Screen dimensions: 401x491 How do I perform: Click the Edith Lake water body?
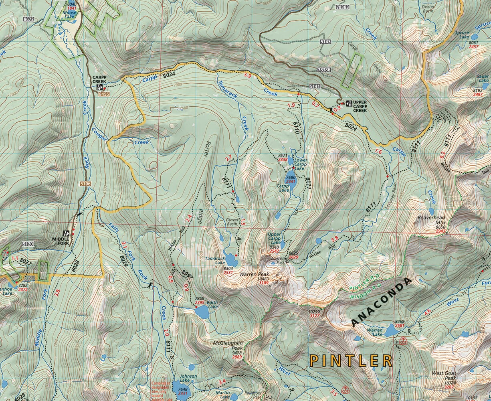(x=201, y=311)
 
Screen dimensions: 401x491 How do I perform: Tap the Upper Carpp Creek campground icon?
(x=349, y=103)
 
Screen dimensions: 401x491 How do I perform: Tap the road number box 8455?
(x=103, y=94)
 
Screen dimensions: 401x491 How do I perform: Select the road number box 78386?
(x=323, y=70)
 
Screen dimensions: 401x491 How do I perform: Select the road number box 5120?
(x=28, y=243)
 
